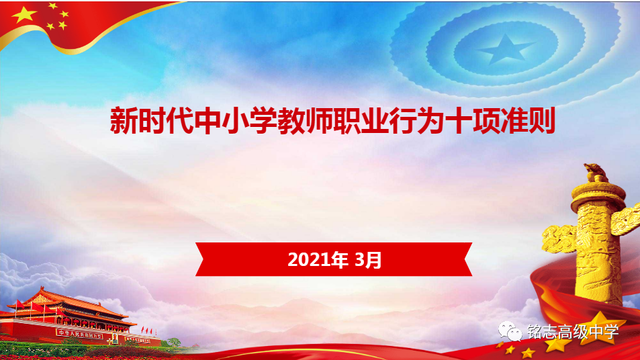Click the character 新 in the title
124,121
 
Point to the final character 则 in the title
542,121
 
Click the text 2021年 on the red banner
318,260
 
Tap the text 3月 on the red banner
368,260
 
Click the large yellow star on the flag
24,15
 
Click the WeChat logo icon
510,331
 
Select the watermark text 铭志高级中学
573,331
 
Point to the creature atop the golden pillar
596,172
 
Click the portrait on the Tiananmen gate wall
115,338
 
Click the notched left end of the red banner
200,259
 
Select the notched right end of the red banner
468,259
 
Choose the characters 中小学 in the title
235,121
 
